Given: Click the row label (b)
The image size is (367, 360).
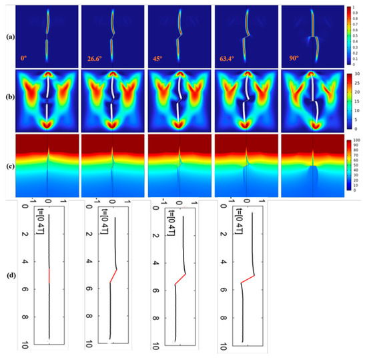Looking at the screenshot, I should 8,99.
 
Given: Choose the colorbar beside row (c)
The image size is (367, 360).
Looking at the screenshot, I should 350,165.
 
